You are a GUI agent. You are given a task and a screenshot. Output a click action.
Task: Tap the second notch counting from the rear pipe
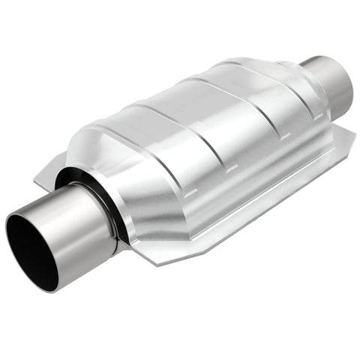pos(259,154)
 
